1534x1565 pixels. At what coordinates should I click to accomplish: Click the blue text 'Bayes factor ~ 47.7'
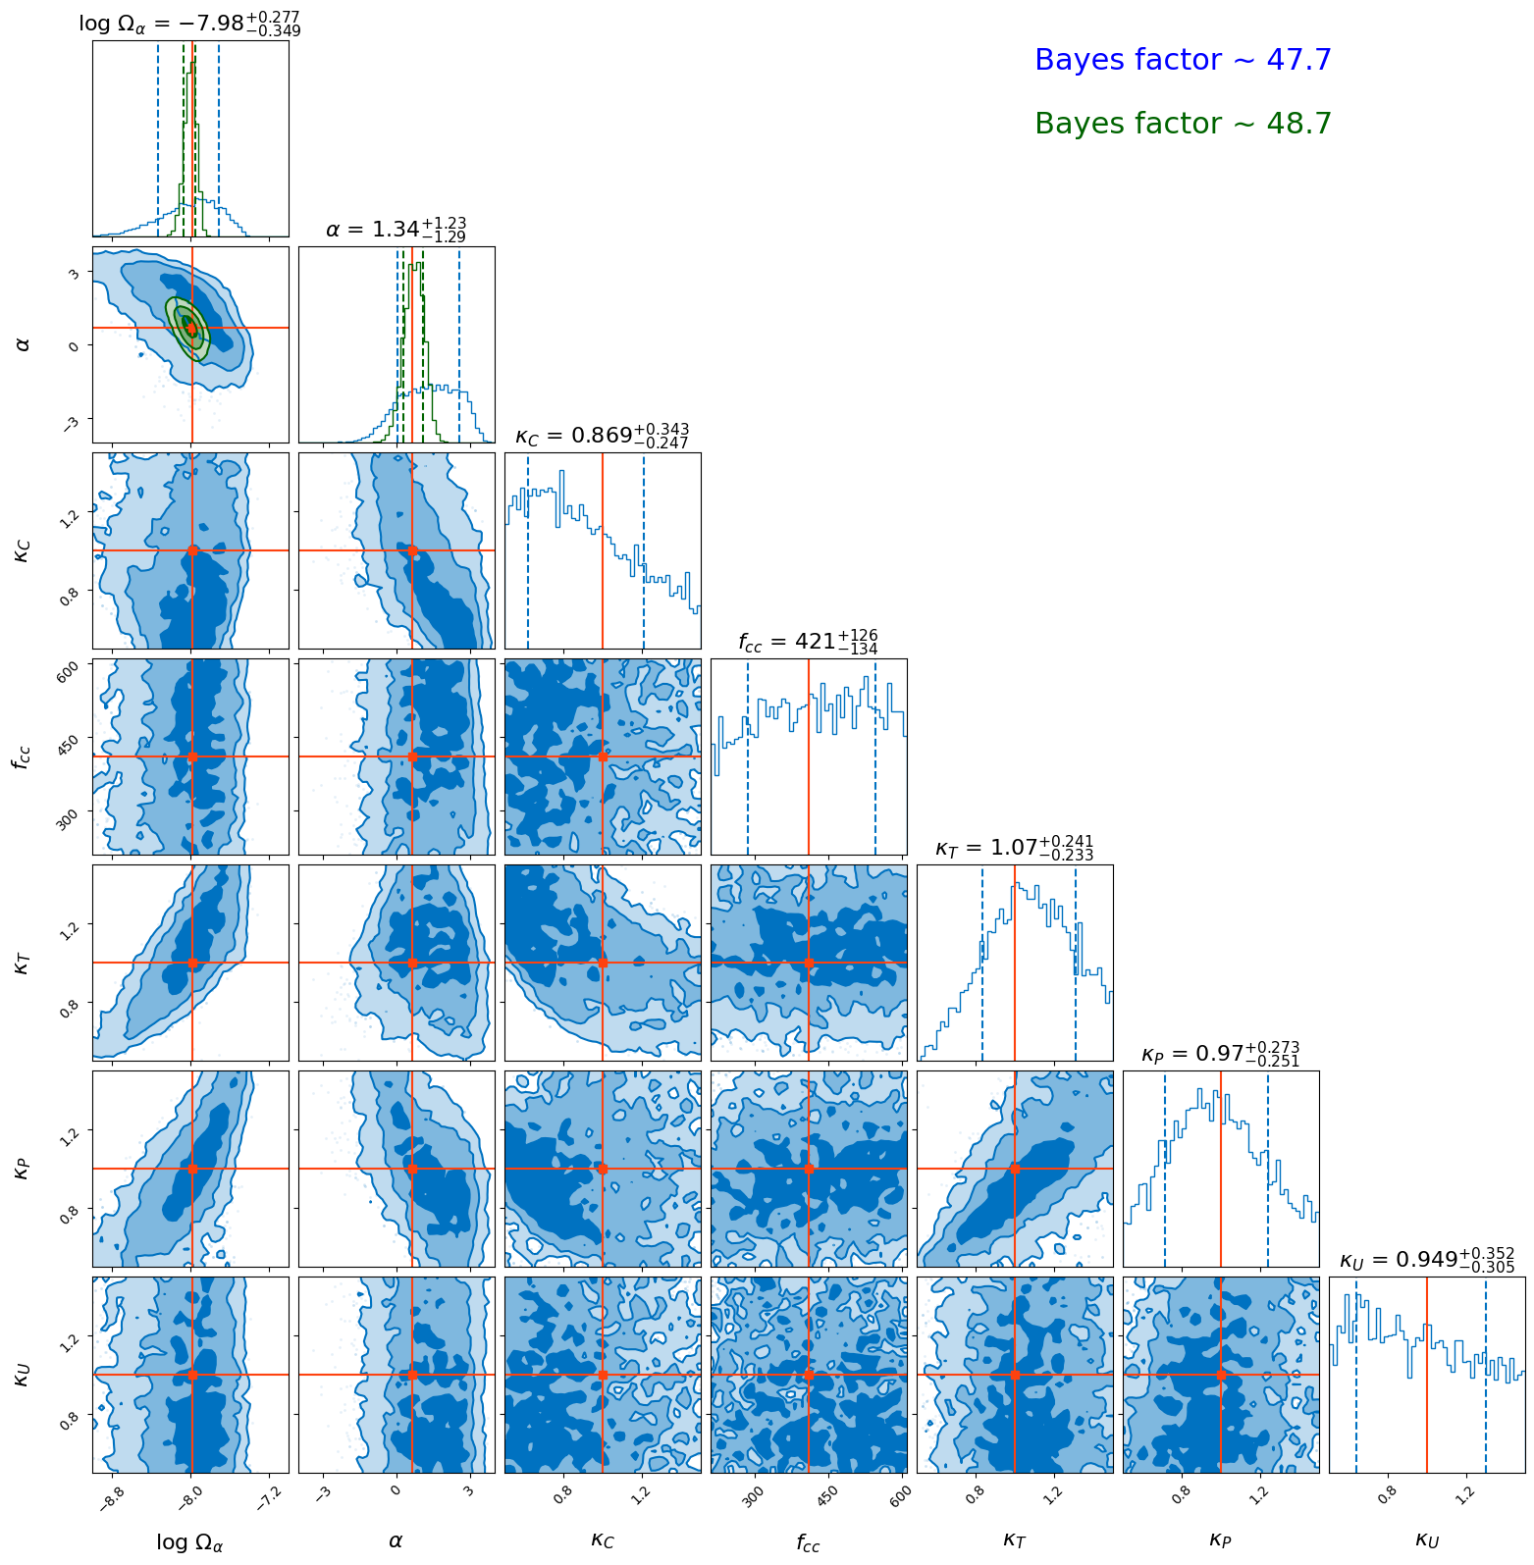tap(1183, 60)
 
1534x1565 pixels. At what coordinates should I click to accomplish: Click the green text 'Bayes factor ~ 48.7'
tap(1183, 124)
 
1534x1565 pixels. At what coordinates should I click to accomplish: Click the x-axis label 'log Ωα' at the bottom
tap(190, 1542)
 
